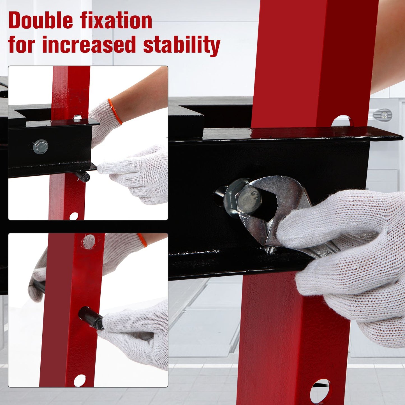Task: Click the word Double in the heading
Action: pos(41,20)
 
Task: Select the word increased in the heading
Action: pos(89,44)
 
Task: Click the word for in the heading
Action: pos(22,44)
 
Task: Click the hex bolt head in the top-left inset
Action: pos(41,147)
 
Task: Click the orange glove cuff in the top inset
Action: pos(115,111)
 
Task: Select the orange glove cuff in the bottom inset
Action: pos(142,240)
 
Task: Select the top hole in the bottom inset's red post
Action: pos(89,242)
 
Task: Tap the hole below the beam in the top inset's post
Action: pos(74,216)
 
